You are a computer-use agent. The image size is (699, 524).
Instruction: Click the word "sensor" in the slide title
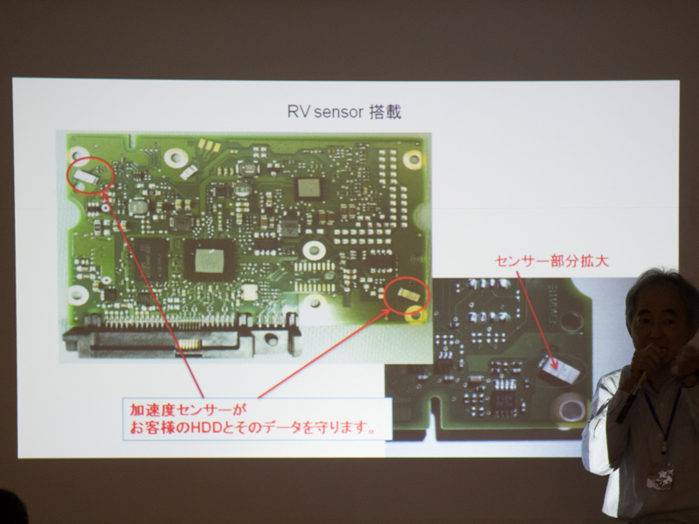(x=339, y=113)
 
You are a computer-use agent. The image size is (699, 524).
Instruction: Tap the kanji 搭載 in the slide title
(x=385, y=112)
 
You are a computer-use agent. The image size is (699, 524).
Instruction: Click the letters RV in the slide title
(x=298, y=112)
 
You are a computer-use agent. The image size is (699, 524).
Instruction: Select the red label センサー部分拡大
(x=551, y=261)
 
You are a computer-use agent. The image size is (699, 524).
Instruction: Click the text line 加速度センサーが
(x=188, y=409)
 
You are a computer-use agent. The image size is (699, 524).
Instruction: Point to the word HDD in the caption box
(x=205, y=428)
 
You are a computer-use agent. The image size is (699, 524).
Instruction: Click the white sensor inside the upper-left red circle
(x=87, y=178)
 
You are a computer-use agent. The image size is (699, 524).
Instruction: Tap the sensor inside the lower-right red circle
(x=407, y=293)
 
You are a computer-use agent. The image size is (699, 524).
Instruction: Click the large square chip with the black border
(x=210, y=259)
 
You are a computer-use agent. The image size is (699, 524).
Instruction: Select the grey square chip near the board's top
(x=308, y=188)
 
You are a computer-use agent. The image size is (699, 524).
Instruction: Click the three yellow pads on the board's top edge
(x=208, y=145)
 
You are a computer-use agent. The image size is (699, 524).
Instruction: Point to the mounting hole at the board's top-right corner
(x=412, y=159)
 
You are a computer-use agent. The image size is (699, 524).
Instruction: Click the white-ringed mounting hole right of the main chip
(x=315, y=251)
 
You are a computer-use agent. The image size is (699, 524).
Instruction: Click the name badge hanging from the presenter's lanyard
(x=660, y=477)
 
